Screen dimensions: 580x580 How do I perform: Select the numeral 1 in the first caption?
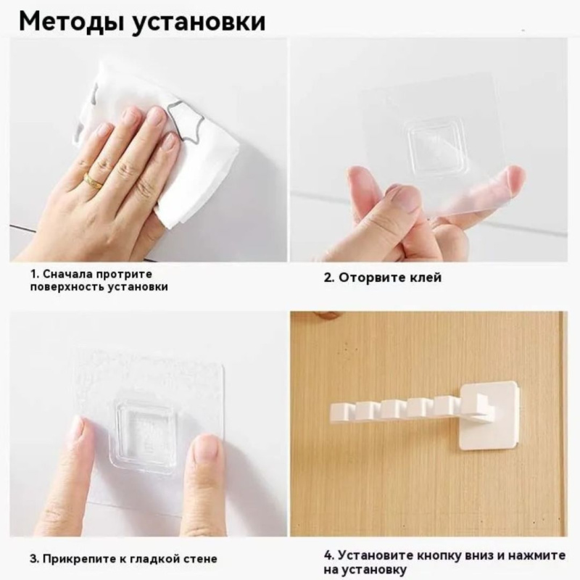[33, 275]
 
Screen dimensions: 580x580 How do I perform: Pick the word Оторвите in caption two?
[370, 277]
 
